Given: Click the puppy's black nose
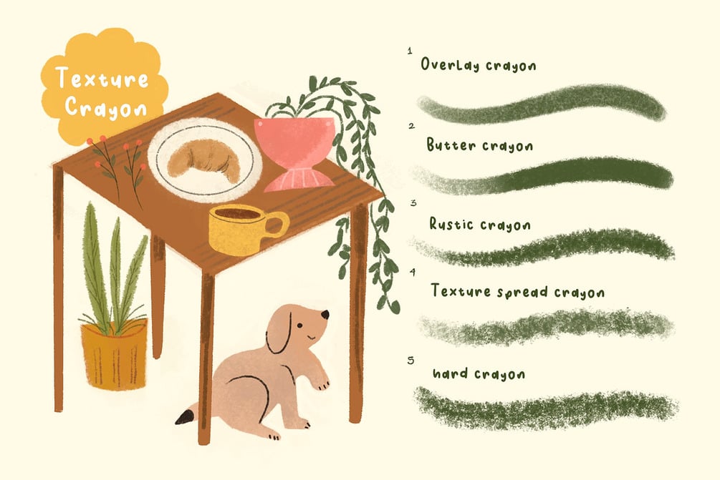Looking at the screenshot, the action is (x=325, y=315).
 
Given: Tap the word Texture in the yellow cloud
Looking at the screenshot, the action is (x=102, y=78).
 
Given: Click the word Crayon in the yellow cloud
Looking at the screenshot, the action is (x=105, y=108).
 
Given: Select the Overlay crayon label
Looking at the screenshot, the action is (x=478, y=64).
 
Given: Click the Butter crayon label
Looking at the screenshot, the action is (x=480, y=145).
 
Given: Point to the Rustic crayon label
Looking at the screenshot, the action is (x=480, y=224).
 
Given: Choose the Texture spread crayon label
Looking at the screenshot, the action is (x=517, y=292).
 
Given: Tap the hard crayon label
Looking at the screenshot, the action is (x=479, y=373).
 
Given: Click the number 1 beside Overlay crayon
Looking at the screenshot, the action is (x=410, y=51).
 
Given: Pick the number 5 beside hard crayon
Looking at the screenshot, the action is (x=411, y=361).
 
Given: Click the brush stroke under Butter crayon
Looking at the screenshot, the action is (x=543, y=177).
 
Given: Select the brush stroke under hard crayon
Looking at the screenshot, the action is (x=546, y=408).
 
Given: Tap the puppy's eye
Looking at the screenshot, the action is (x=299, y=325).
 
